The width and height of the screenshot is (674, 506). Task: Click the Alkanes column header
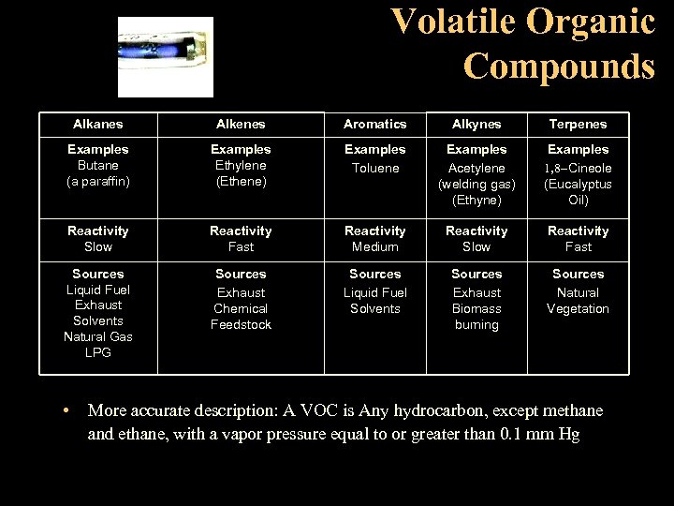click(x=98, y=124)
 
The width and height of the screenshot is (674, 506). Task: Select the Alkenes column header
click(x=241, y=124)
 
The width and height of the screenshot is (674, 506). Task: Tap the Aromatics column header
click(x=374, y=124)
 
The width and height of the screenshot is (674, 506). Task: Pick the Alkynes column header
click(x=476, y=124)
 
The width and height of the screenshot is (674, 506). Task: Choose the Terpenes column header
click(x=578, y=124)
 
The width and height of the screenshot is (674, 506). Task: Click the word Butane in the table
click(x=98, y=165)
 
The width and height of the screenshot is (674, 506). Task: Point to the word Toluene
click(x=374, y=168)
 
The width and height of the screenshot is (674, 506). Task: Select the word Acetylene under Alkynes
click(x=476, y=168)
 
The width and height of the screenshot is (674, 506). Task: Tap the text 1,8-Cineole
click(x=578, y=168)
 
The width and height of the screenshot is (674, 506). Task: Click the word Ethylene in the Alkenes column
click(x=241, y=165)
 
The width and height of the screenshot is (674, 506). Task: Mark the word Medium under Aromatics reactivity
click(x=374, y=246)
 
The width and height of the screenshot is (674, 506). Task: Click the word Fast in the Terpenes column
click(x=578, y=246)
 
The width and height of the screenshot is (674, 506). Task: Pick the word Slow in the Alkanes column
click(x=98, y=246)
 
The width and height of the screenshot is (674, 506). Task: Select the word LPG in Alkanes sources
click(x=98, y=352)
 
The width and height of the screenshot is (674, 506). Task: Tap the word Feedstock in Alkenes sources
click(x=241, y=324)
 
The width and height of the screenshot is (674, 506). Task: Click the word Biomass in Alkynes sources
click(x=476, y=308)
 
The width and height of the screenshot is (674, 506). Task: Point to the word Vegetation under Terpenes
click(x=578, y=308)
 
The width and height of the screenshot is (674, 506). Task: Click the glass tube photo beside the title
click(x=166, y=57)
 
